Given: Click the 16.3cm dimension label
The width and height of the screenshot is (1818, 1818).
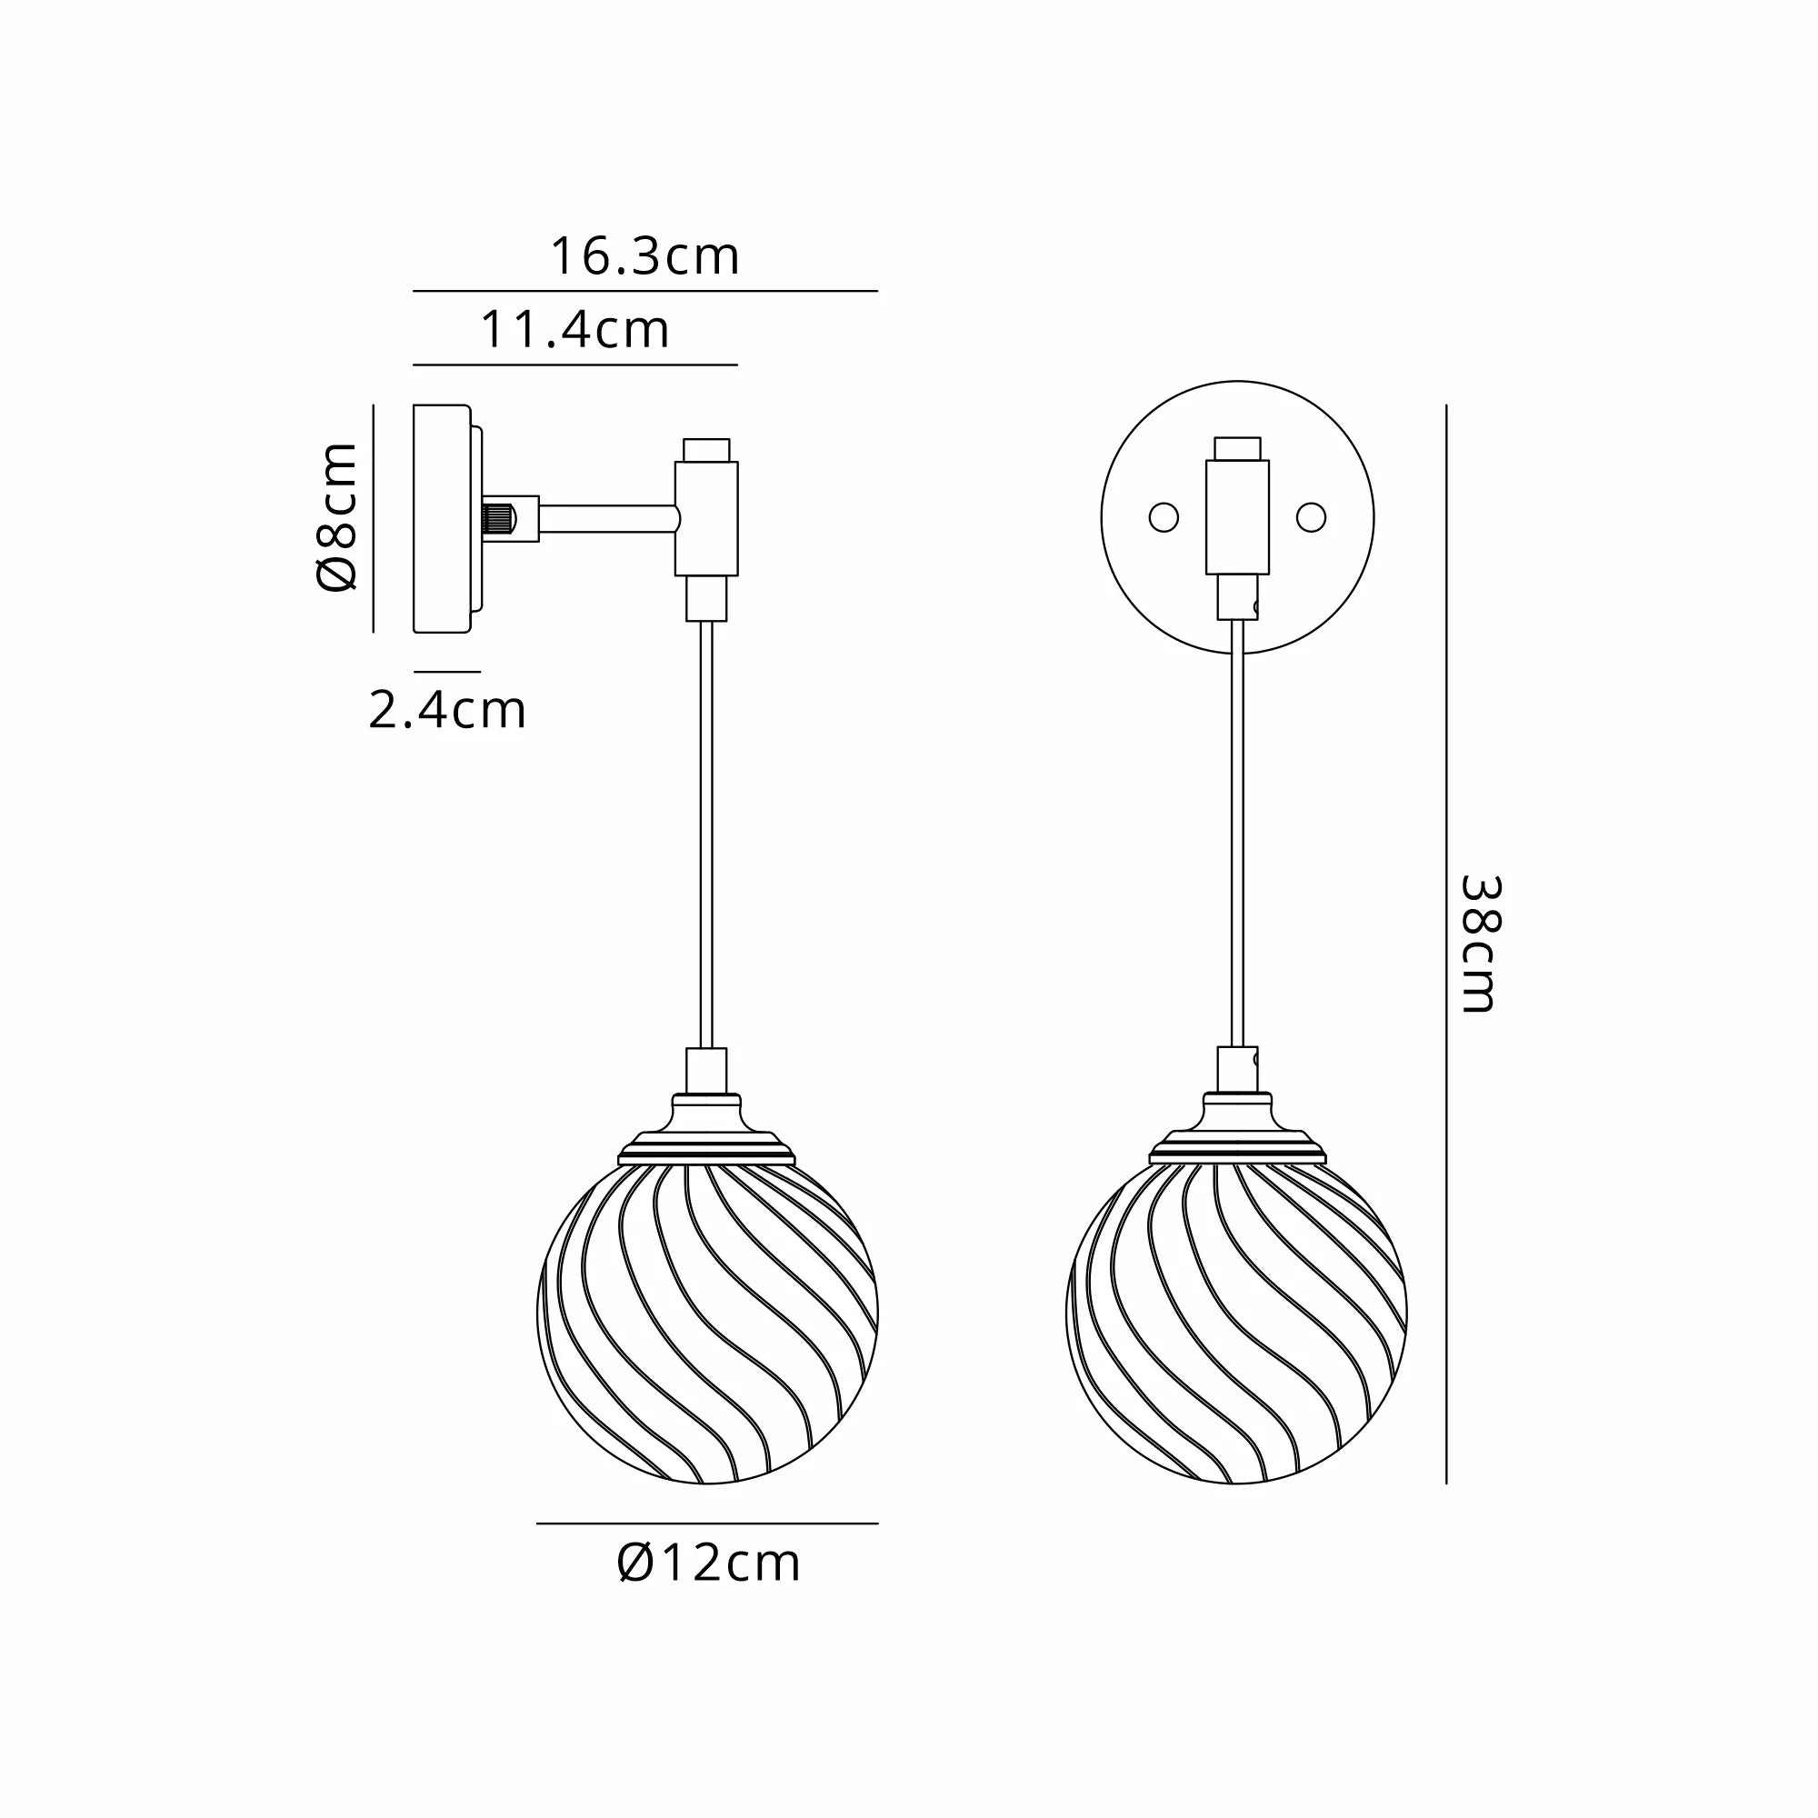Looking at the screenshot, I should coord(644,256).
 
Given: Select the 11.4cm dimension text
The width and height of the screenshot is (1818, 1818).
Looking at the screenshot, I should coord(575,329).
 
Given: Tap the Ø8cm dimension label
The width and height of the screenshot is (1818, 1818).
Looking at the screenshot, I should coord(338,516).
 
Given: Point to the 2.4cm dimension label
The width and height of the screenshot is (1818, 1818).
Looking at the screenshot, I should coord(447,711).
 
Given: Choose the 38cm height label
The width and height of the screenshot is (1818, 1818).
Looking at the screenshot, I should coord(1478,944).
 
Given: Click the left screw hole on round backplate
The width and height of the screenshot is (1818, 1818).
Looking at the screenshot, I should coord(1164,517).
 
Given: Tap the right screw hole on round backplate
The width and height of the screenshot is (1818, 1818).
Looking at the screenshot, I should coord(1311,516).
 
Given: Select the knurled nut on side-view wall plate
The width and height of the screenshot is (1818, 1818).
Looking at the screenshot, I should coord(499,517).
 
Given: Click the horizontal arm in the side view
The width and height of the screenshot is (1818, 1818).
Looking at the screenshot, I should coord(607,517).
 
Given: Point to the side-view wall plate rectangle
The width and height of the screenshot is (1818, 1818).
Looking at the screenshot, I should coord(442,518).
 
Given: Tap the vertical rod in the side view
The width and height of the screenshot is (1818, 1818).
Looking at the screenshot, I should coord(706,833).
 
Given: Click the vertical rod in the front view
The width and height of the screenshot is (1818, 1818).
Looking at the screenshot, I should coord(1237,833).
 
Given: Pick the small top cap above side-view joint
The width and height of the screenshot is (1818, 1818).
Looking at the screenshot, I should coord(706,449).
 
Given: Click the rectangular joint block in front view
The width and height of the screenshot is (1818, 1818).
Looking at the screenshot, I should coord(1237,516).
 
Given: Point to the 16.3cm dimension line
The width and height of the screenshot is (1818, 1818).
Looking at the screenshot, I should coord(644,291).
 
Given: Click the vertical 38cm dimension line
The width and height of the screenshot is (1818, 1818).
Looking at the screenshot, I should coord(1446,944).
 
